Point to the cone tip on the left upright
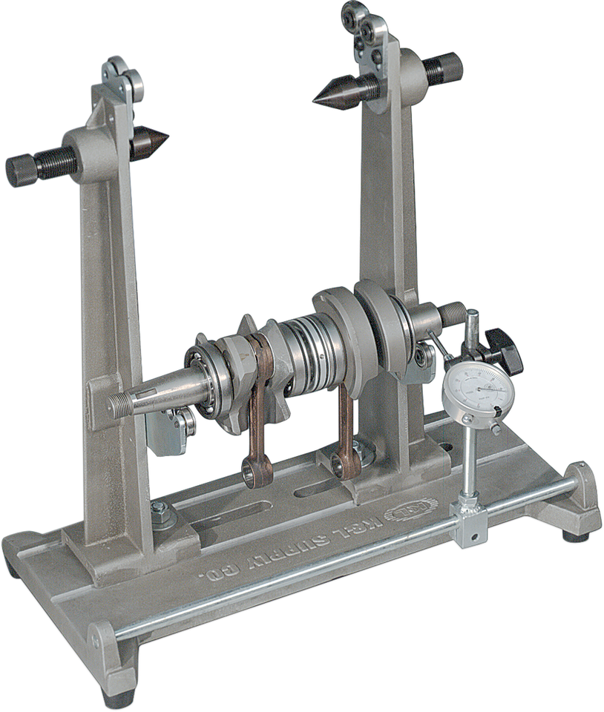(151, 139)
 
